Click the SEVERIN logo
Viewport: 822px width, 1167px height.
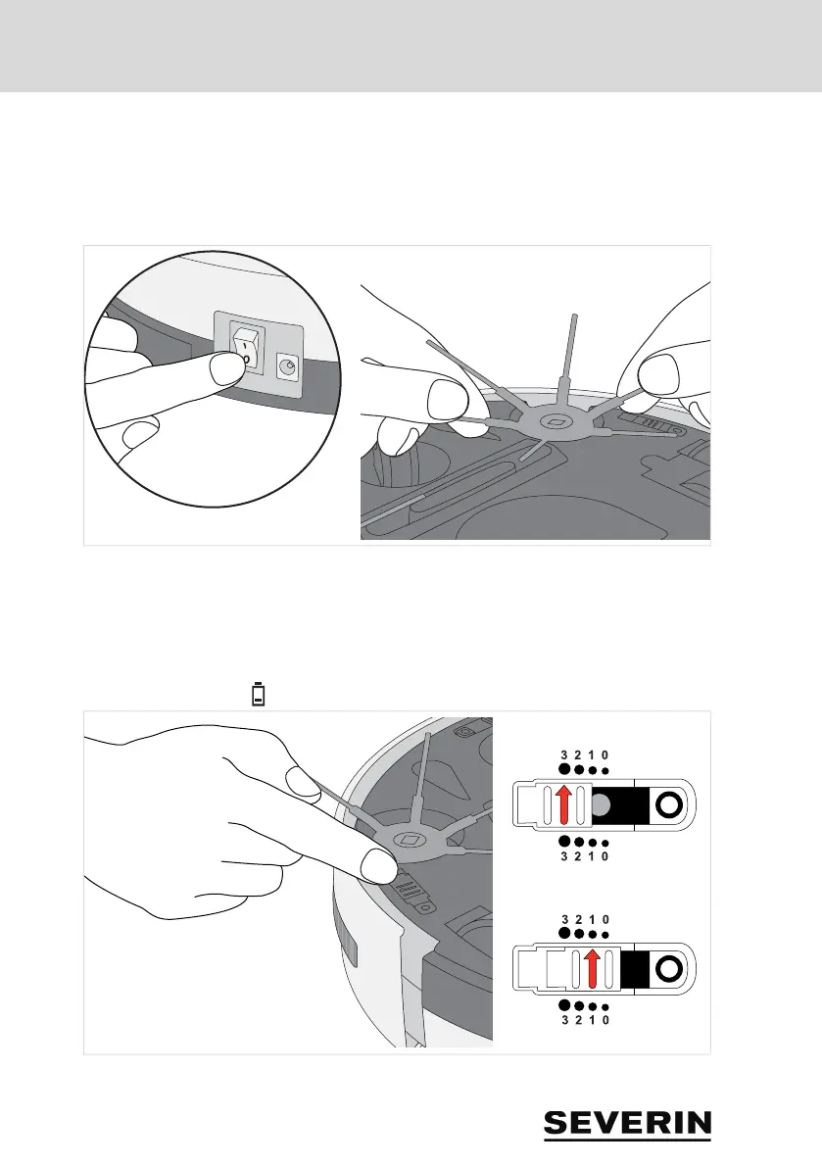[627, 1124]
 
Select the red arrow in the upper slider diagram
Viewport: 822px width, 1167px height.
[563, 805]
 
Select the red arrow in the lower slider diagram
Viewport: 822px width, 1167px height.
[591, 969]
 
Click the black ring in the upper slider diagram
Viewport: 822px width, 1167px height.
[668, 805]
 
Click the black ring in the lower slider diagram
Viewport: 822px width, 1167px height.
[668, 969]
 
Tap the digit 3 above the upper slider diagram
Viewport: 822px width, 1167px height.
[565, 754]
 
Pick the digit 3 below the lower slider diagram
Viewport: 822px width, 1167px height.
[565, 1020]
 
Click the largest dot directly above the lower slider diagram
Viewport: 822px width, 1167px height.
[565, 933]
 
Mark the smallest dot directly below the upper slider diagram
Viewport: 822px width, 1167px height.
[605, 843]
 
